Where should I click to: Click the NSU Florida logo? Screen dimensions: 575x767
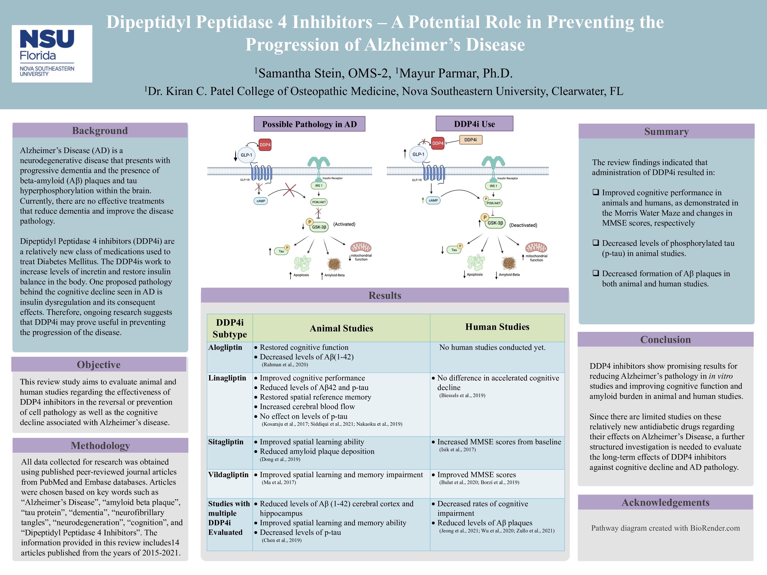point(52,54)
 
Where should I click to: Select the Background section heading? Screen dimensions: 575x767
point(100,131)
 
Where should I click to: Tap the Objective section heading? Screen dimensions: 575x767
point(99,365)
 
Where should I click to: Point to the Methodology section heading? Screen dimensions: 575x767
point(100,446)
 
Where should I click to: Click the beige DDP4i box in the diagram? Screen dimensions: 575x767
point(470,140)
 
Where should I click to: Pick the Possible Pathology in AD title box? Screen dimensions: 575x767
point(309,124)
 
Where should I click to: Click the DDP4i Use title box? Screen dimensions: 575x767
point(474,124)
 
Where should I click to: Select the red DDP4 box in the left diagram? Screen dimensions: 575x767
point(265,145)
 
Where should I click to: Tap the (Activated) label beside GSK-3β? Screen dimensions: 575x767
point(344,224)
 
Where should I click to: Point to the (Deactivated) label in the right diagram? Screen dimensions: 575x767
point(523,225)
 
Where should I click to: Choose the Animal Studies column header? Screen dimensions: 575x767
point(341,328)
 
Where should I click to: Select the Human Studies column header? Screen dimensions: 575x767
point(497,327)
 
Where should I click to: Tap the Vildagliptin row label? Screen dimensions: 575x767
point(228,475)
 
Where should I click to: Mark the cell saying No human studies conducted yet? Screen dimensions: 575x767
point(492,347)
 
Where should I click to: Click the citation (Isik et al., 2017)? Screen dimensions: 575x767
point(458,449)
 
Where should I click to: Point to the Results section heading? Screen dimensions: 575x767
point(385,295)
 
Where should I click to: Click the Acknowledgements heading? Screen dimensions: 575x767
point(665,502)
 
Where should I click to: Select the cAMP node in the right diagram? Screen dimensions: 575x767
point(433,200)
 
